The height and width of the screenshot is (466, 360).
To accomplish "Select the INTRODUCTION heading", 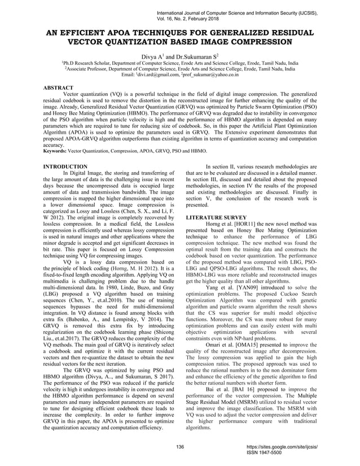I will coord(65,167).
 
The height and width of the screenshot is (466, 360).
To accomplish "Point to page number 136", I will coord(181,447).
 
